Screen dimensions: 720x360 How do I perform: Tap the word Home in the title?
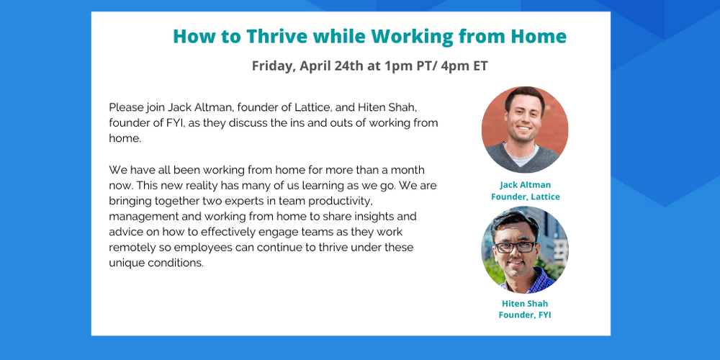(539, 36)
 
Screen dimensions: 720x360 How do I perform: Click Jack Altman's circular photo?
(525, 130)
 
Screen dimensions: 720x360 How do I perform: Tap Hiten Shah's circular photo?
(525, 250)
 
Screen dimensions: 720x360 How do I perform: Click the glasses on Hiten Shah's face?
(515, 246)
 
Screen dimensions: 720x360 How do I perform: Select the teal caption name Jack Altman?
(526, 184)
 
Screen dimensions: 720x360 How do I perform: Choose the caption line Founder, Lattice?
(526, 197)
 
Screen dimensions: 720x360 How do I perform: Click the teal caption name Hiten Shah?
(525, 303)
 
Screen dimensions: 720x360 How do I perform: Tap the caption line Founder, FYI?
(525, 315)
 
